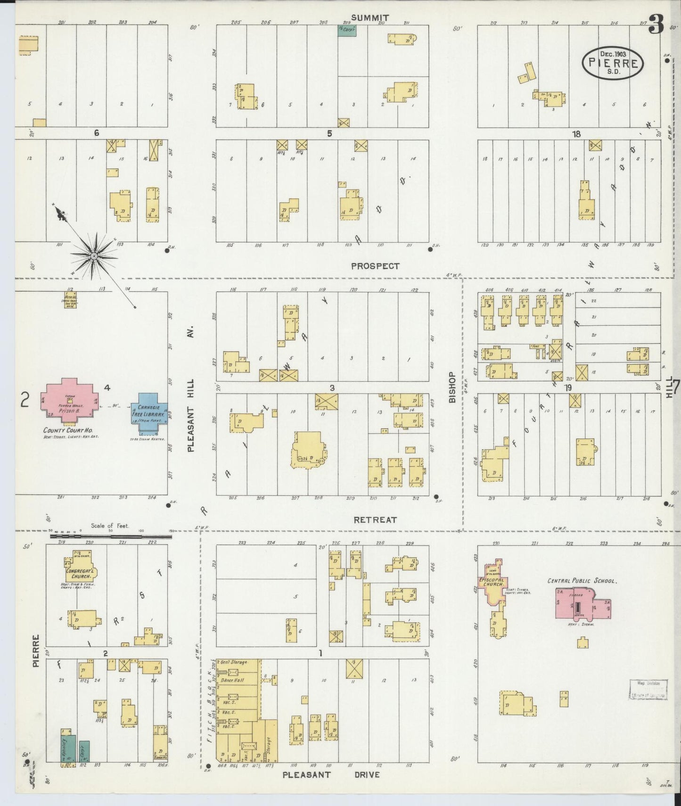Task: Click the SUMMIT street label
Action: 370,18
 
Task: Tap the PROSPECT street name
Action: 375,266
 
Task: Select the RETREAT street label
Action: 375,520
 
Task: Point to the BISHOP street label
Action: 452,387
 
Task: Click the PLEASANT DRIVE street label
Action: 331,774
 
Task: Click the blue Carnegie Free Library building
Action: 148,413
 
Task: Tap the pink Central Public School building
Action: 583,607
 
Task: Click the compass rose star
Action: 94,256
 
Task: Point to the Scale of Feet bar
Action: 111,536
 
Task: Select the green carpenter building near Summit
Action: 347,31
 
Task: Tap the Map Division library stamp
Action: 648,689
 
